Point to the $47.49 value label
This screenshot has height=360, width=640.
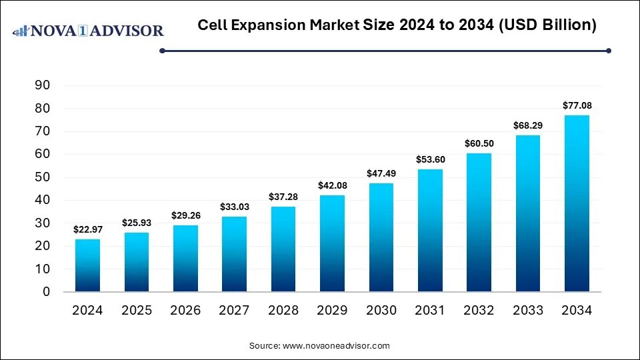point(381,173)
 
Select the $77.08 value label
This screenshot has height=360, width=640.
point(577,105)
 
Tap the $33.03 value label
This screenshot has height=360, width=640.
point(234,207)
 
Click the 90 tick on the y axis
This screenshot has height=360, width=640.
point(43,85)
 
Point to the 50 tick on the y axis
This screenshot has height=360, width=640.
point(43,177)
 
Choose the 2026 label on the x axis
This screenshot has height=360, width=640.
point(185,310)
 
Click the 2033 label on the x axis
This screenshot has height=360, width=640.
point(528,310)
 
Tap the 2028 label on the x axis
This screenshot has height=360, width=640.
point(283,310)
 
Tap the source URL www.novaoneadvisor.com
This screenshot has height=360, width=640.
point(336,346)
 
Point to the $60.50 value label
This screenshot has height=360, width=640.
point(479,144)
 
